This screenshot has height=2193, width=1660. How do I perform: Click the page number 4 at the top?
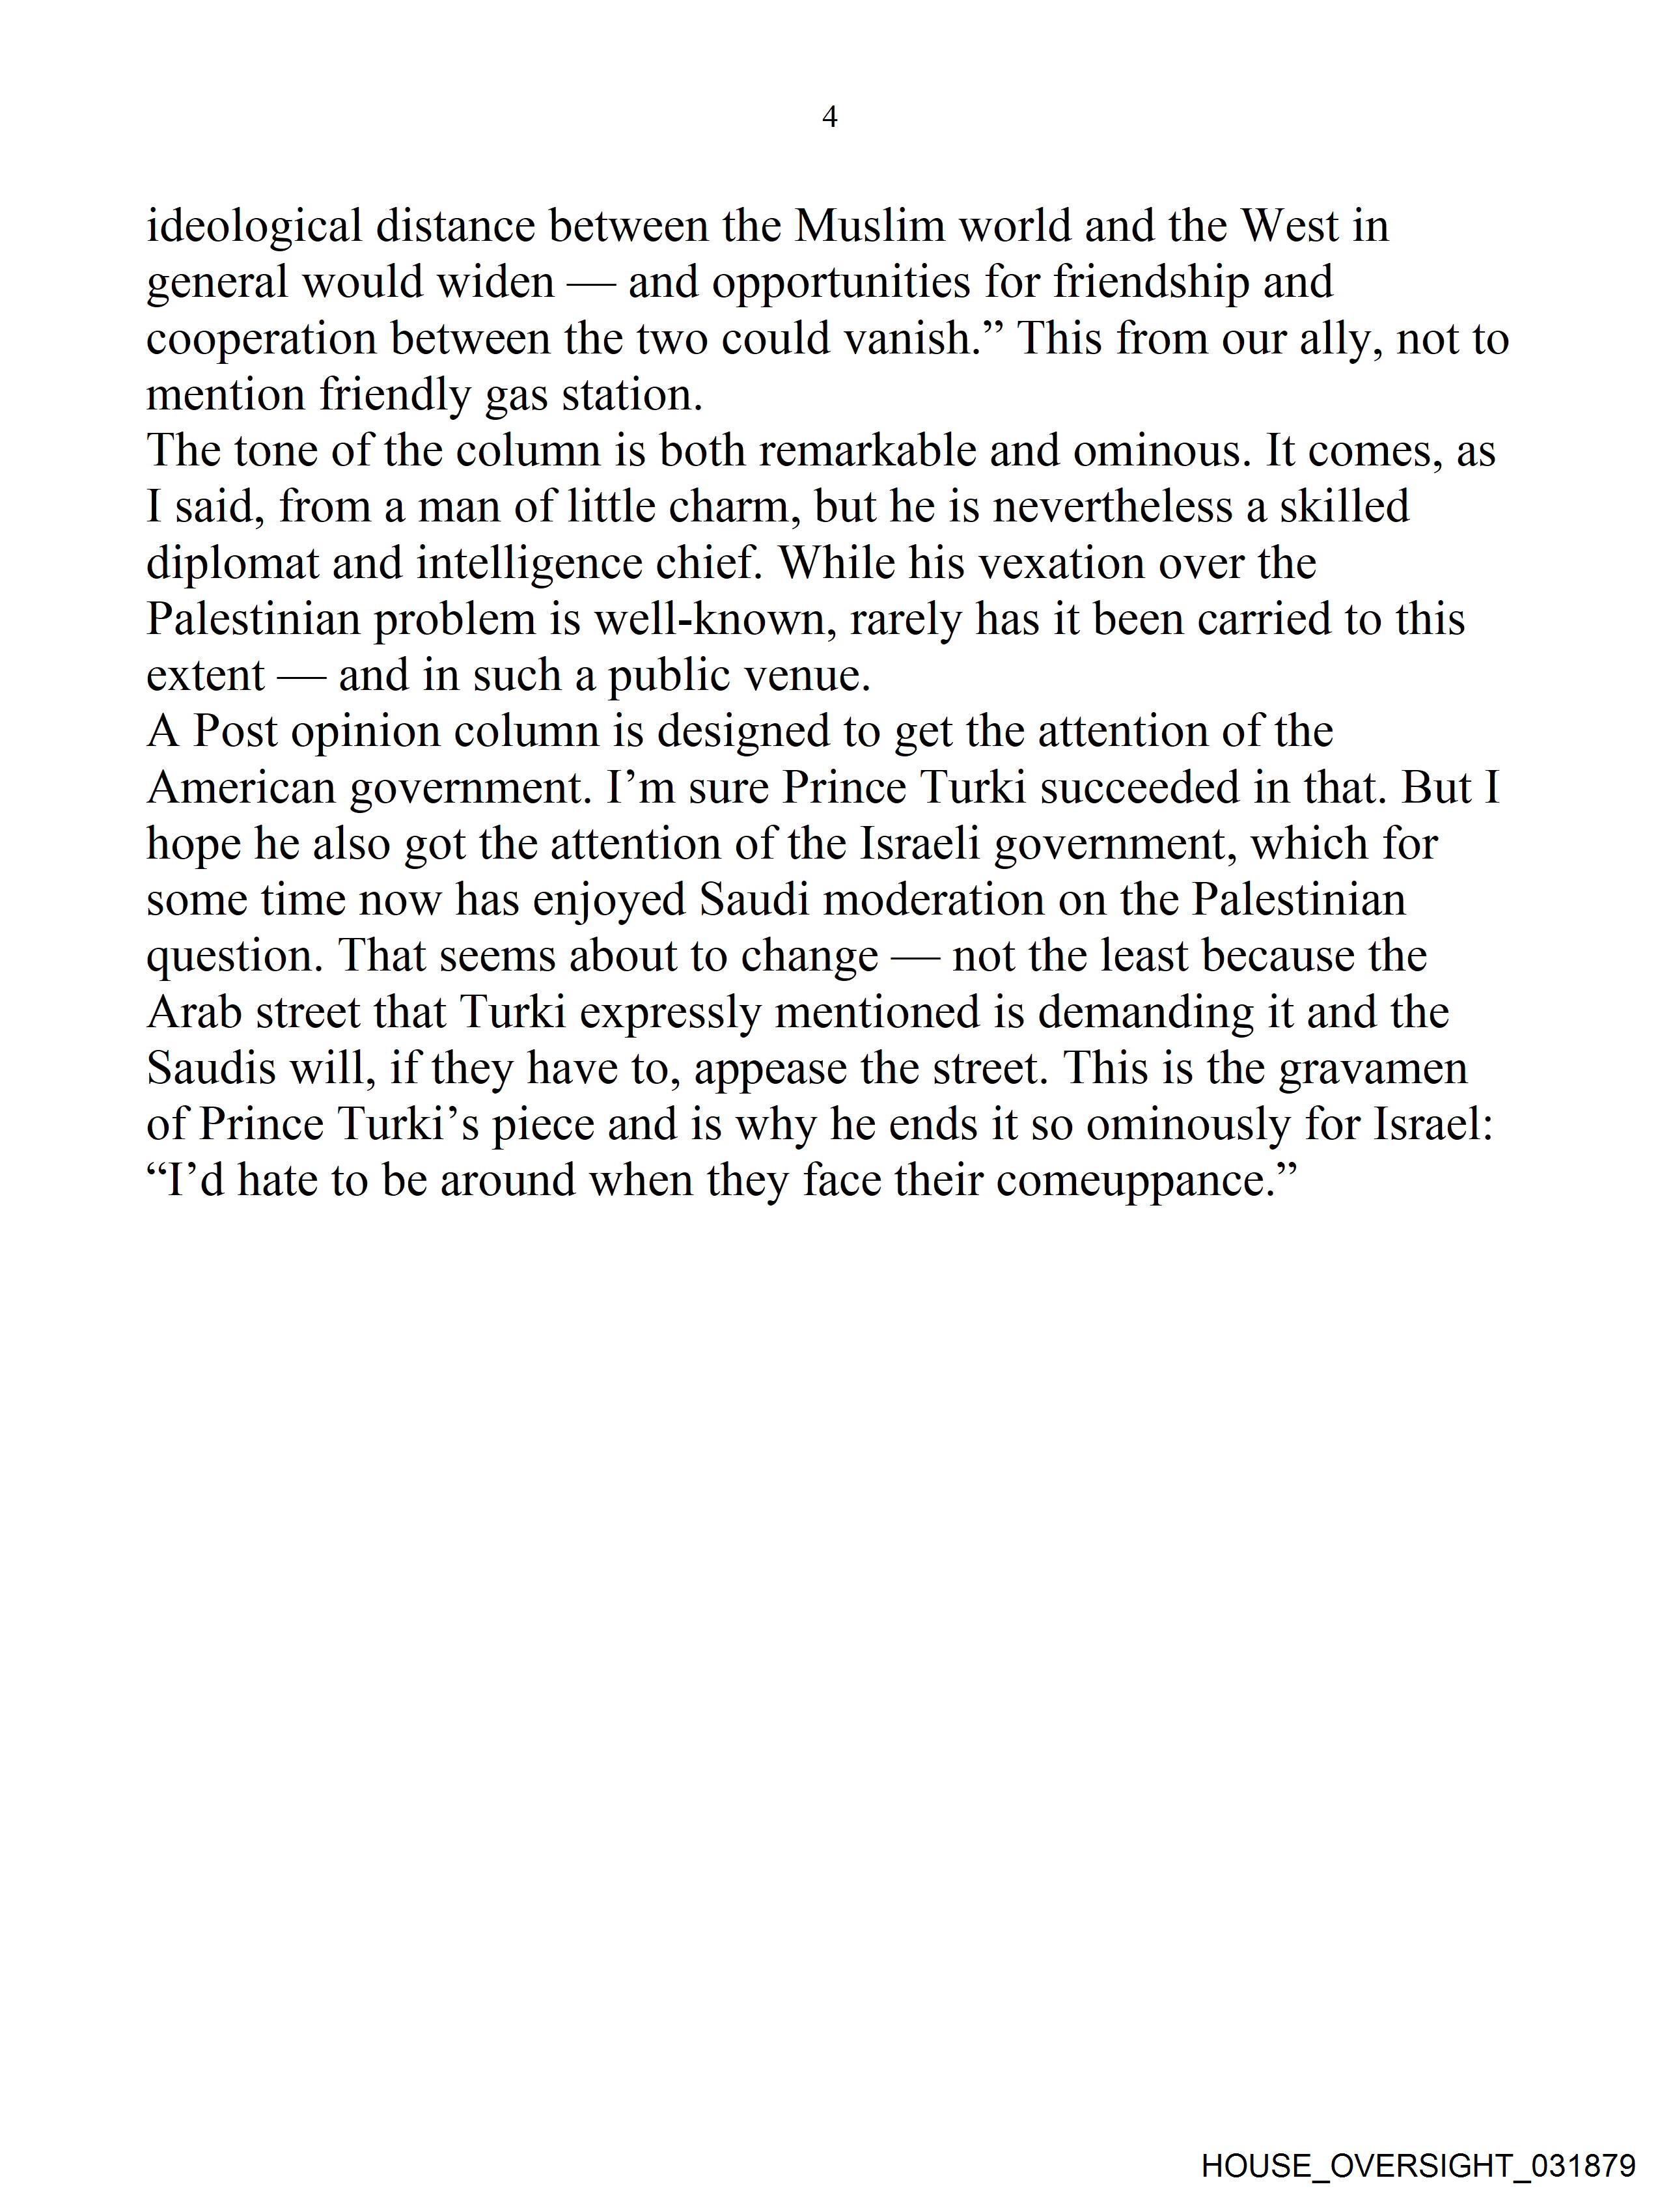(x=830, y=118)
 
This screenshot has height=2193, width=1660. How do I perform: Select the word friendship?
(x=1150, y=283)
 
